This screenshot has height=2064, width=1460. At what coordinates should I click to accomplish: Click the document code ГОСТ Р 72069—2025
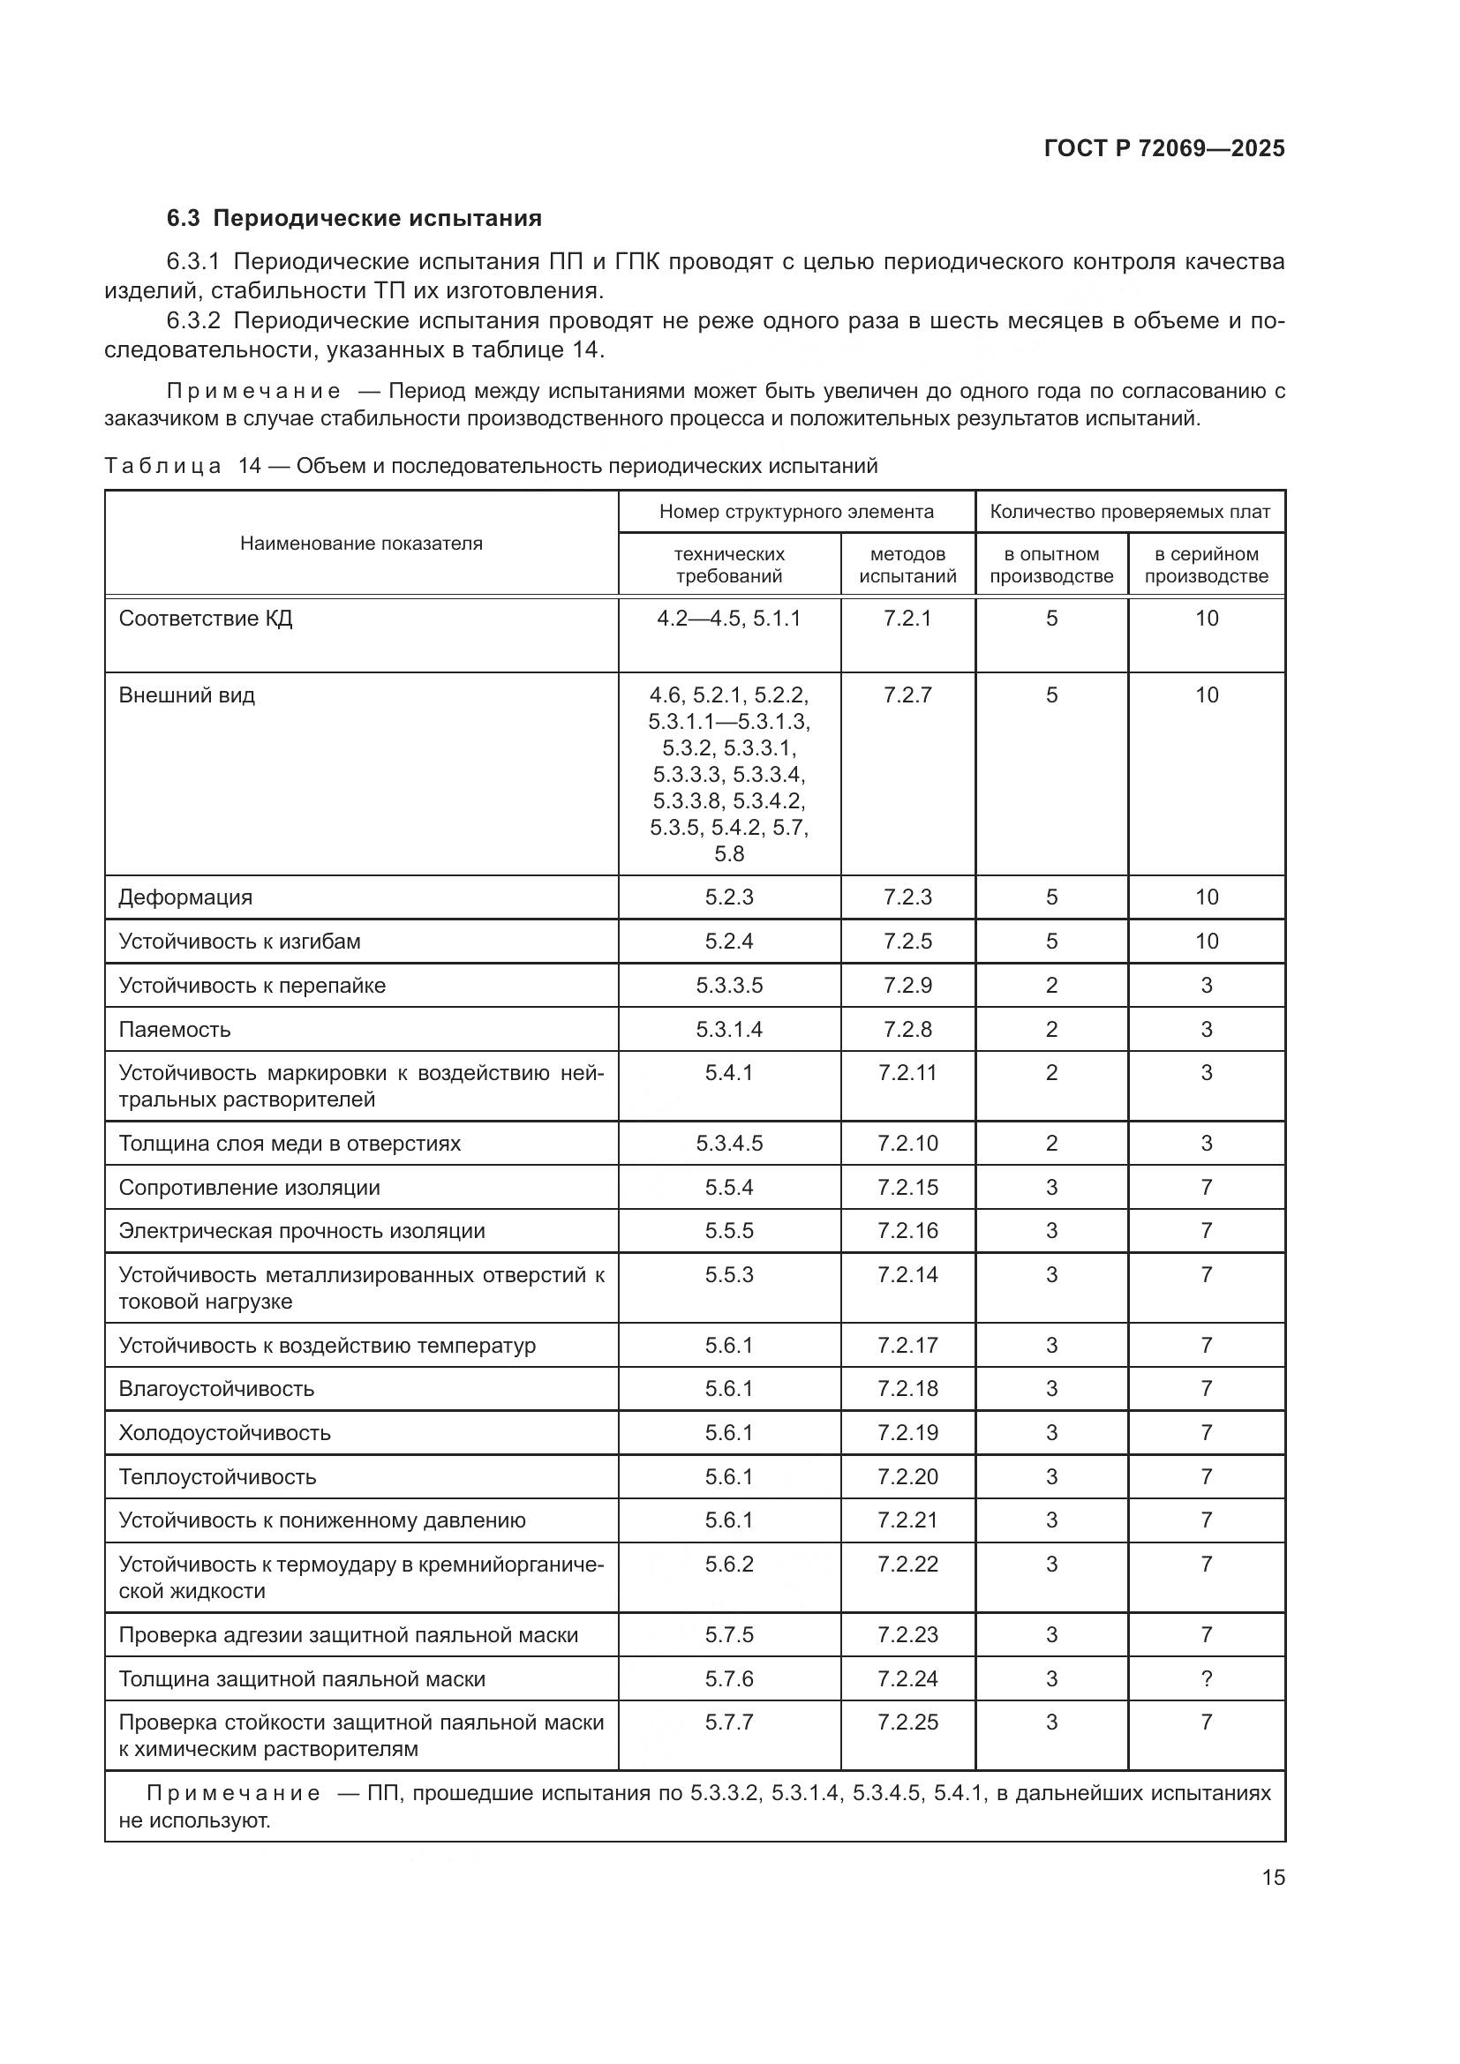coord(1164,148)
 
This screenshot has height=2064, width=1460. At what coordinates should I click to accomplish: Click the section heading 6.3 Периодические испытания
coord(354,219)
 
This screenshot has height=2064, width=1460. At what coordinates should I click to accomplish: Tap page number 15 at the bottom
coord(1273,1877)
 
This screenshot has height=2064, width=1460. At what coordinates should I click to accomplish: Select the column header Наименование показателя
coord(360,543)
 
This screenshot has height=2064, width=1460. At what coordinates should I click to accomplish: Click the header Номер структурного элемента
coord(795,512)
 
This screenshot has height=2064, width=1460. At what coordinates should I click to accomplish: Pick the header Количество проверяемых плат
coord(1129,512)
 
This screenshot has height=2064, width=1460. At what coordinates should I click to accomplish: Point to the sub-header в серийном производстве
coord(1206,565)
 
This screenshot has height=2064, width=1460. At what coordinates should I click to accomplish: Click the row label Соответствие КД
coord(205,619)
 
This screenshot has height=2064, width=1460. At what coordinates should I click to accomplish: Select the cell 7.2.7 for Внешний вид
coord(907,694)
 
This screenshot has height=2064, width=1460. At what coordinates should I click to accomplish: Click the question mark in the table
coord(1207,1678)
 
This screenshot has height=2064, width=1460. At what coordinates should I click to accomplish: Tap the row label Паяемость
coord(175,1029)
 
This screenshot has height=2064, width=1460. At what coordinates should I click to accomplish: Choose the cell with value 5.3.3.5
coord(728,986)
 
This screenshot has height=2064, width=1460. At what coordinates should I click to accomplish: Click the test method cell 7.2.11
coord(907,1072)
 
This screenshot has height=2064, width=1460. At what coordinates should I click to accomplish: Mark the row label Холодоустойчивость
coord(224,1433)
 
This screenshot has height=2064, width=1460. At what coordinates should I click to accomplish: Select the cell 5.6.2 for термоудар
coord(728,1565)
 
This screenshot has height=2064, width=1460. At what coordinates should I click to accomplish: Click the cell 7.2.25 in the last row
coord(907,1722)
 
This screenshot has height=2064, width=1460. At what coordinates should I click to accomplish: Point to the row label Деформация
coord(185,897)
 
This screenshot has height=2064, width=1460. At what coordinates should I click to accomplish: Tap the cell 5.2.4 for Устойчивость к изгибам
coord(728,942)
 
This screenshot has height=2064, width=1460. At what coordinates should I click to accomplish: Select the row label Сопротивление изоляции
coord(249,1188)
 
